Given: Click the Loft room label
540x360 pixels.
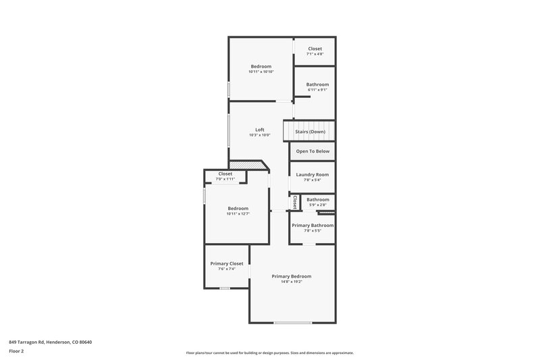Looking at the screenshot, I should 259,130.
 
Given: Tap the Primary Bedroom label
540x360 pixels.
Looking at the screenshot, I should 292,276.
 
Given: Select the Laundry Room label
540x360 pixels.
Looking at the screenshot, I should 313,174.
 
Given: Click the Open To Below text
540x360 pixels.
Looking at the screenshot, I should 313,151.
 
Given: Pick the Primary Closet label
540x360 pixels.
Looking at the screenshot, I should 227,263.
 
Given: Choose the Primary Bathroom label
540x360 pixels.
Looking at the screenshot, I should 313,225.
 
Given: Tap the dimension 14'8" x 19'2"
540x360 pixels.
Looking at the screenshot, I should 292,282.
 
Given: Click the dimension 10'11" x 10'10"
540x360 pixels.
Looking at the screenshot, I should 261,72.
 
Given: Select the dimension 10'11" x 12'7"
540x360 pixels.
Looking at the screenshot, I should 238,214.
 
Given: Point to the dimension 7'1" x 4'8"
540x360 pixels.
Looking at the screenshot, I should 315,55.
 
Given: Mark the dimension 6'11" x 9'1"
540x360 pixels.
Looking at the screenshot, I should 317,91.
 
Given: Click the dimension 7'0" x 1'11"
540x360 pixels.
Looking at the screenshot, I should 225,179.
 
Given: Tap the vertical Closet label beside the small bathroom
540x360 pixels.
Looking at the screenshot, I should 295,202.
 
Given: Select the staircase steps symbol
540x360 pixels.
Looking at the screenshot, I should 288,131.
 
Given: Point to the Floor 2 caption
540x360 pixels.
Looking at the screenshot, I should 16,351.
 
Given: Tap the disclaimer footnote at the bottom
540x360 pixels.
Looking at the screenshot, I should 269,353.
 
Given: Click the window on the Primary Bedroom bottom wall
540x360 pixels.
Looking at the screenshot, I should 292,323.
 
